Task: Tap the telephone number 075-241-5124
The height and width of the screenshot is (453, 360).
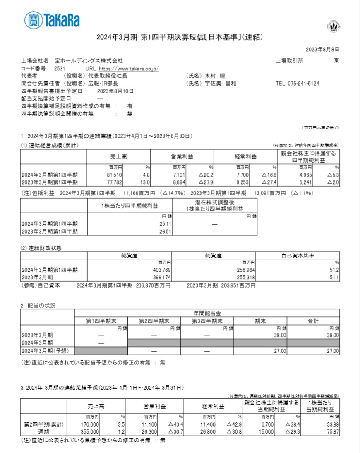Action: pos(297,84)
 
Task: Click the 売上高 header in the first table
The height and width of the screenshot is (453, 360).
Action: pos(118,157)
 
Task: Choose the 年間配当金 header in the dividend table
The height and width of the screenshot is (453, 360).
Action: pos(207,313)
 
